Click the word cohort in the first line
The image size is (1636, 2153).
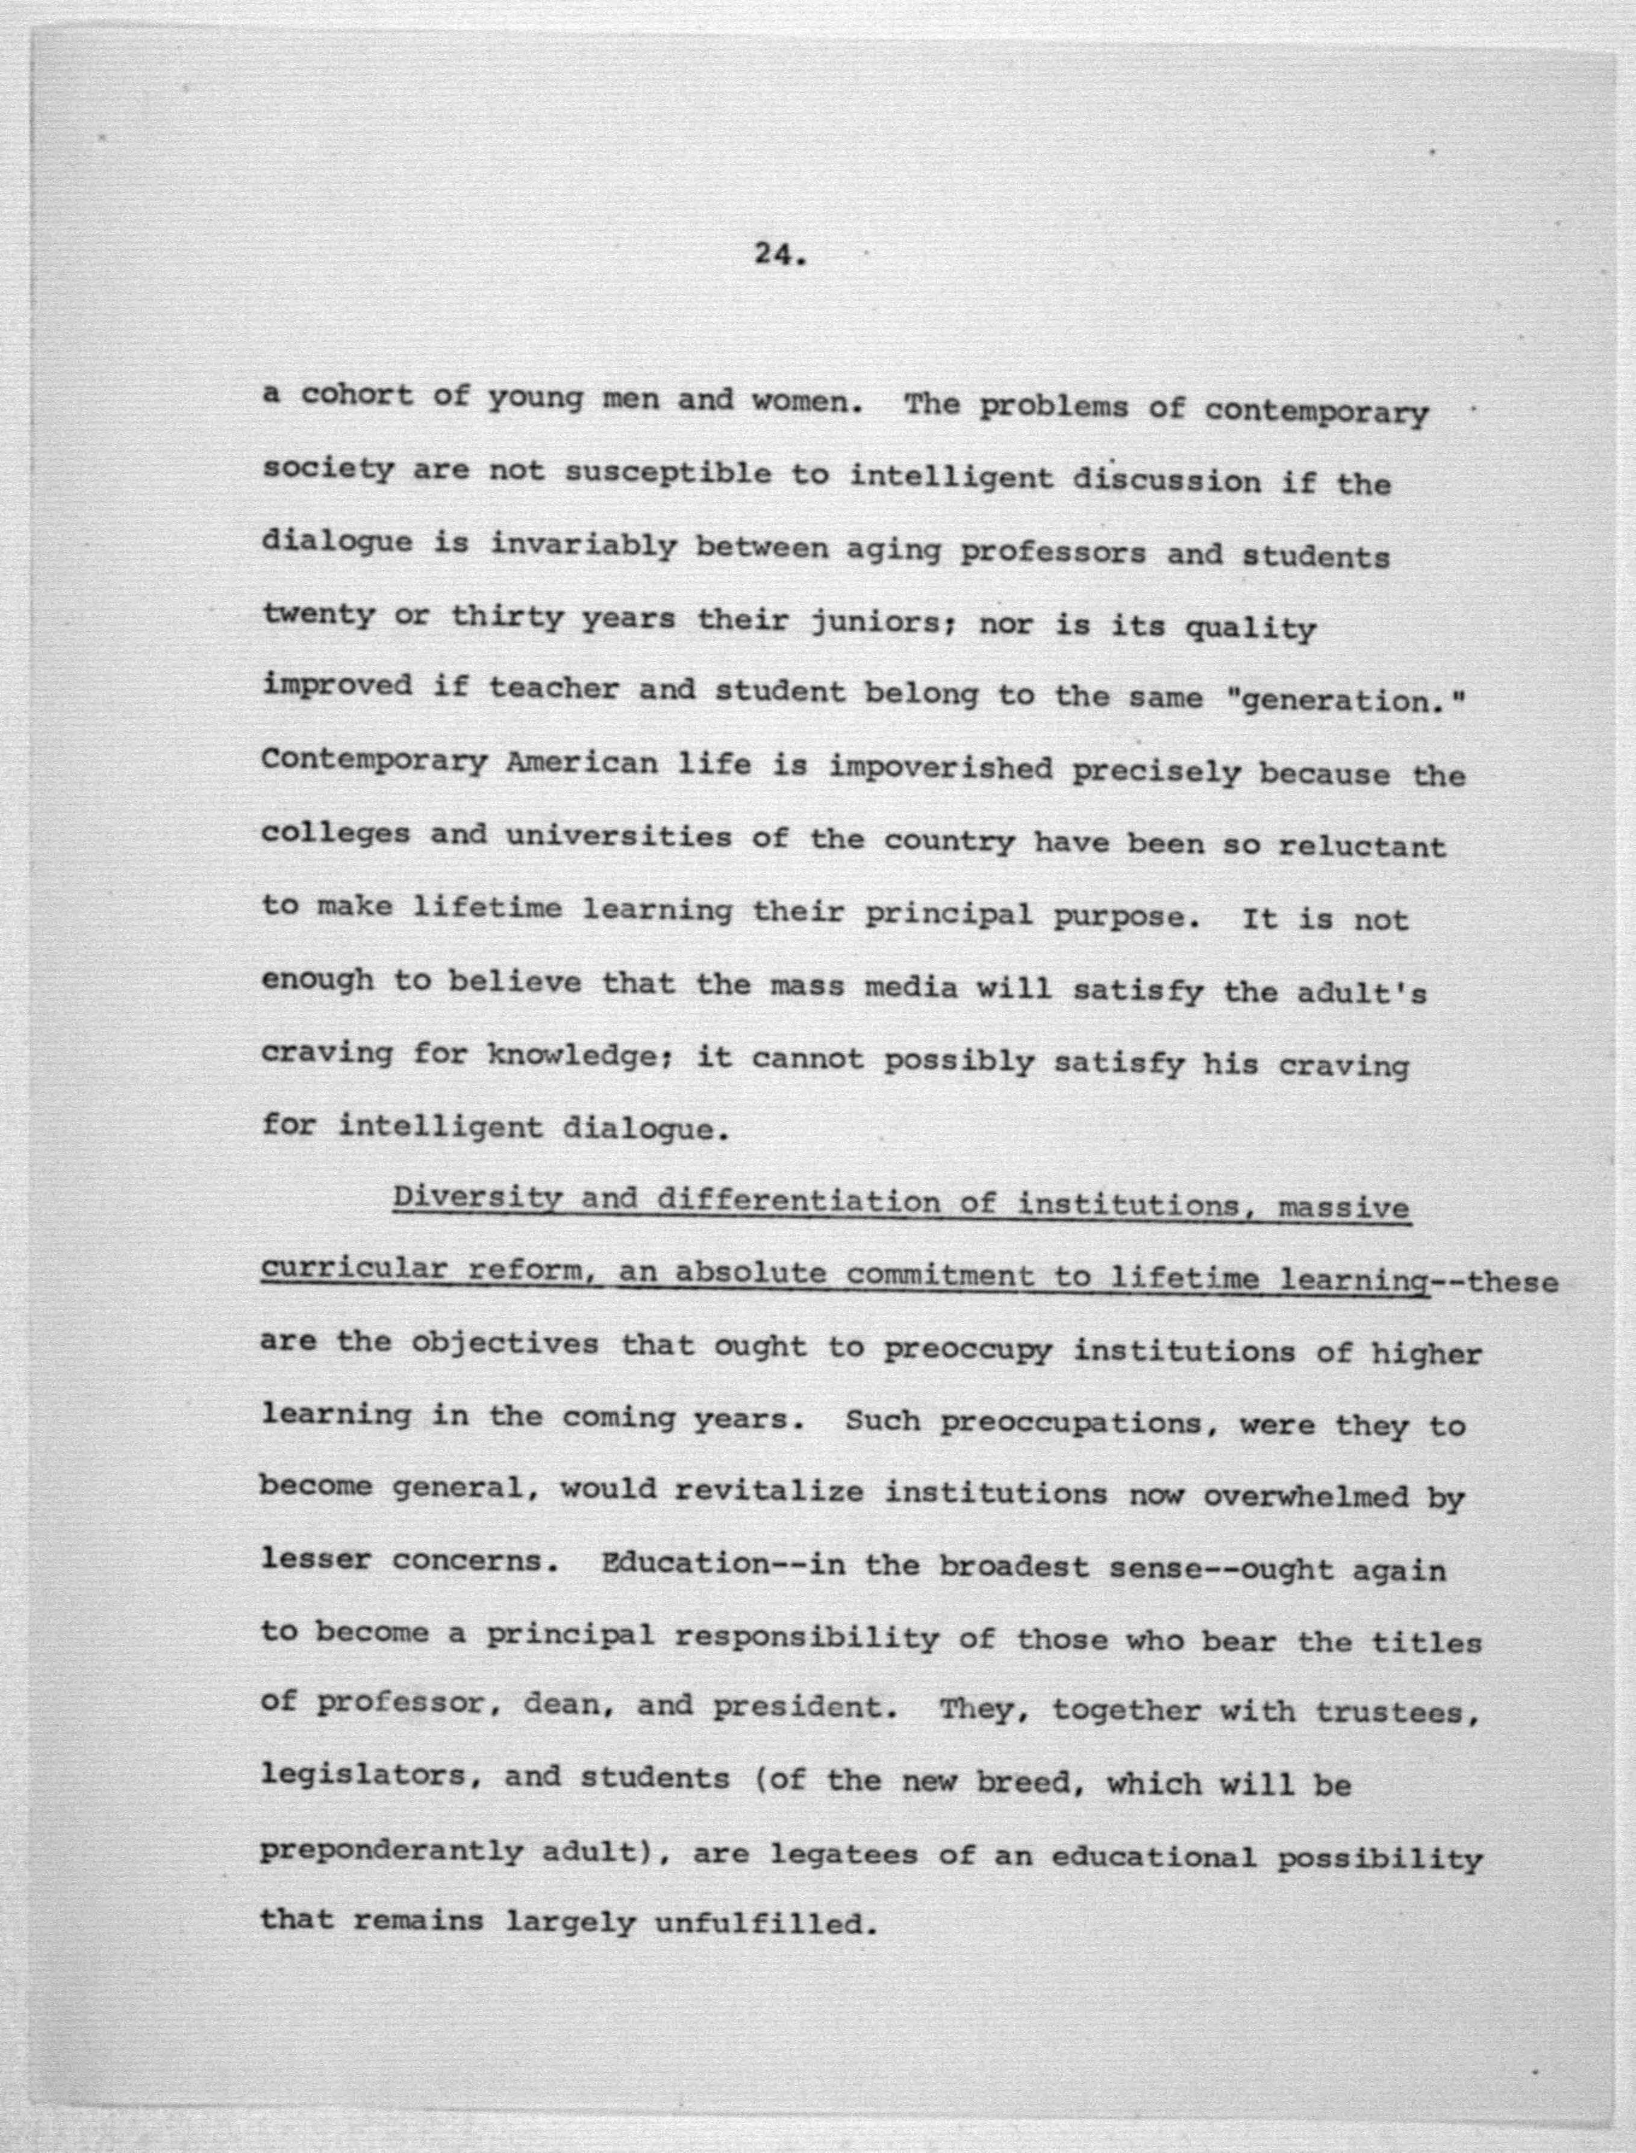click(357, 396)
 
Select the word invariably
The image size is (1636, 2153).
click(582, 546)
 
